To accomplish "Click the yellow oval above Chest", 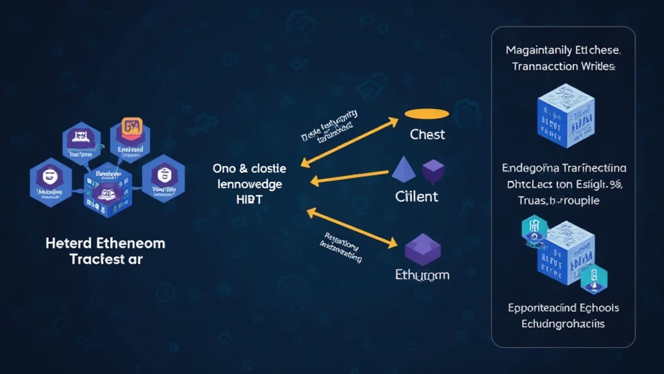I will pyautogui.click(x=427, y=114).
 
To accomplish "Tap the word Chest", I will pyautogui.click(x=427, y=134).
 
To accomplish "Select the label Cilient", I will pyautogui.click(x=416, y=196).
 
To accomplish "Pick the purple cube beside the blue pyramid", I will pyautogui.click(x=433, y=171).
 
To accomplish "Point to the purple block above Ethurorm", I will pyautogui.click(x=423, y=249).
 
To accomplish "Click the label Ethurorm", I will pyautogui.click(x=421, y=275).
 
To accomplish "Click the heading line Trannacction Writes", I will pyautogui.click(x=563, y=66).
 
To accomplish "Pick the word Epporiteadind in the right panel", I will pyautogui.click(x=541, y=308).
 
